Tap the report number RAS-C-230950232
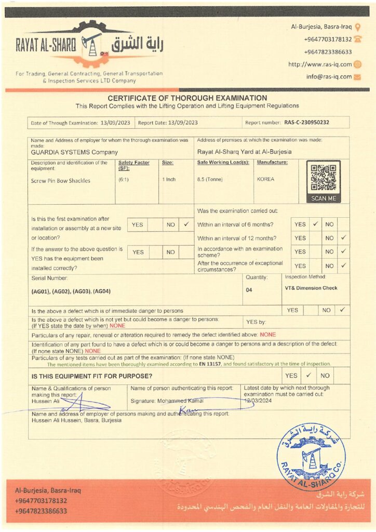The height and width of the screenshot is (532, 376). tap(307, 123)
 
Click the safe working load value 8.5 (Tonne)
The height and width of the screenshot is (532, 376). tap(207, 179)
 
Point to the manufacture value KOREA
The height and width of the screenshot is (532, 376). tap(265, 179)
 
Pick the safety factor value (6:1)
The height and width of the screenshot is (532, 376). tap(124, 179)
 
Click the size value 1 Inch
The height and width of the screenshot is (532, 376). tap(168, 179)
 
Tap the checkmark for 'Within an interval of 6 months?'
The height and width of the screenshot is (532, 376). tap(315, 224)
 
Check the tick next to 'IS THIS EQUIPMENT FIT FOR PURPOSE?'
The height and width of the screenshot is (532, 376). tap(308, 375)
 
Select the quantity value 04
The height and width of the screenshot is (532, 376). tap(249, 290)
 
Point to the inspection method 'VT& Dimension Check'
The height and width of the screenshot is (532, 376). tap(311, 288)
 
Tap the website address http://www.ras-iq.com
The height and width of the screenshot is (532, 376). tap(320, 64)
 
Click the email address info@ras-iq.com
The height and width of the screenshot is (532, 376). tap(329, 77)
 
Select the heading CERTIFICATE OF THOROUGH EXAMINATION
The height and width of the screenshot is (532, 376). tap(187, 98)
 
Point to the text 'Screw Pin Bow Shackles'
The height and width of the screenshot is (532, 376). tap(61, 181)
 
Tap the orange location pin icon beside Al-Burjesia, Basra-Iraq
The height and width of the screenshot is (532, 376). tap(357, 26)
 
